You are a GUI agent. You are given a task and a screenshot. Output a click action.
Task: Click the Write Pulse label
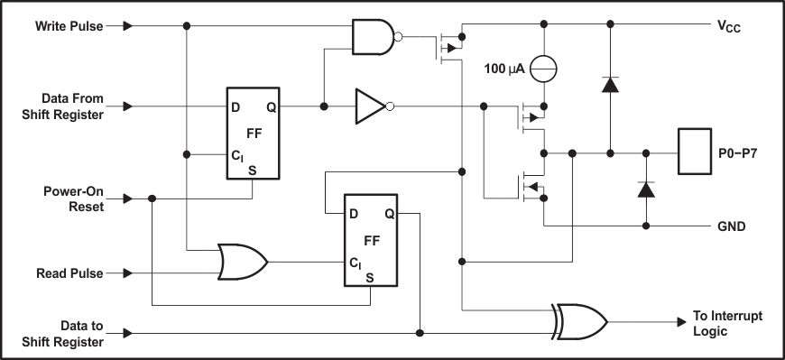coord(69,25)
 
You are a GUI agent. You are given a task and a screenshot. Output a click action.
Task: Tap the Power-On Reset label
coord(74,198)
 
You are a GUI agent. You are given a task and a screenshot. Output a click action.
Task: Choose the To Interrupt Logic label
coord(726,322)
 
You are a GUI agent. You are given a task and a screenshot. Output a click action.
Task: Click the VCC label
coord(730,28)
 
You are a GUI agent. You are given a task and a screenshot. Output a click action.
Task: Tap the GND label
coord(731,226)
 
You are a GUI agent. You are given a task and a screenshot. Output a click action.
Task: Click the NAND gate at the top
coord(374,37)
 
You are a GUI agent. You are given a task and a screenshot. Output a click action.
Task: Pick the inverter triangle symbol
coord(371,106)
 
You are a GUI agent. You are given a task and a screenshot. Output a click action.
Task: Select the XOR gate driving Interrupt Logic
coord(579,321)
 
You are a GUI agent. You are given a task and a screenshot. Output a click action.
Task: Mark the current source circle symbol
coord(544,68)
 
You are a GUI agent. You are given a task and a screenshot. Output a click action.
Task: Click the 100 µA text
coord(505,68)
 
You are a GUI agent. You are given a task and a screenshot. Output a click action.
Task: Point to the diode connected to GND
coord(645,190)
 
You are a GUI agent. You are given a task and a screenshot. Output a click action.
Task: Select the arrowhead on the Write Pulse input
coord(128,26)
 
